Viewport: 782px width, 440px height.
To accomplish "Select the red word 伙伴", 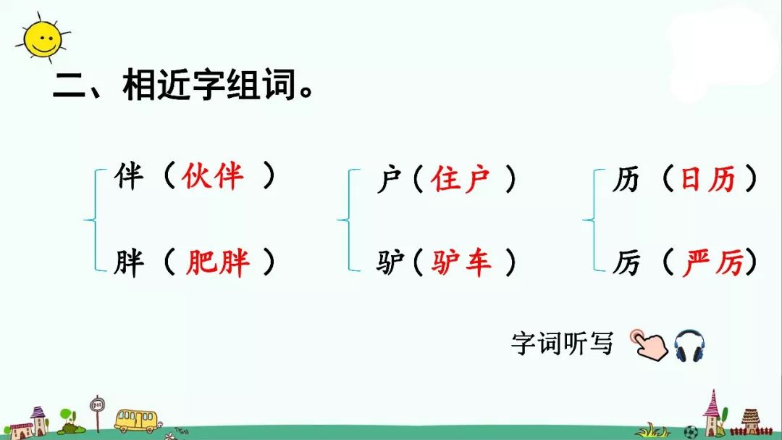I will point(213,176).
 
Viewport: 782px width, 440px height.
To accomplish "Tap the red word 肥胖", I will point(217,262).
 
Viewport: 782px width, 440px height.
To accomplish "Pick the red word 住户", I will point(461,179).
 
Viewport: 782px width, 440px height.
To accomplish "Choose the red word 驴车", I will point(461,262).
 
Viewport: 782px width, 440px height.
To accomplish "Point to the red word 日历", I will point(707,179).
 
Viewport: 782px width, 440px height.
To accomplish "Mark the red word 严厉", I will point(712,262).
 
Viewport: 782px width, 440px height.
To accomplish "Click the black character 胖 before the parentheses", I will point(129,262).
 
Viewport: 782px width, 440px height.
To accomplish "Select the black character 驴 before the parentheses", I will point(390,262).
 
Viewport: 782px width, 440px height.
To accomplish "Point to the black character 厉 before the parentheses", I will point(625,262).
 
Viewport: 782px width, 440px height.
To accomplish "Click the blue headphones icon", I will point(689,345).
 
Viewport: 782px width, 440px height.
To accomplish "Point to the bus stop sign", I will point(96,409).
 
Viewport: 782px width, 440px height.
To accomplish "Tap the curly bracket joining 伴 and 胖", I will point(92,220).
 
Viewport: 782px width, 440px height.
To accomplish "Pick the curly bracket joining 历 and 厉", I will point(590,220).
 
